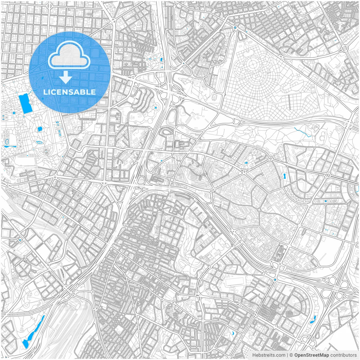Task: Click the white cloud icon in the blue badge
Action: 69,55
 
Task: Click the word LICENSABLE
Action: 69,92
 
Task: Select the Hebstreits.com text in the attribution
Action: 269,355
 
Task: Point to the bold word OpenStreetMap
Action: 311,355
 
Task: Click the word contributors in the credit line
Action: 343,355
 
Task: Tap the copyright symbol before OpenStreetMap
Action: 291,355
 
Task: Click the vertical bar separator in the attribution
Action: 287,355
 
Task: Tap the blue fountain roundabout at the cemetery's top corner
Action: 235,28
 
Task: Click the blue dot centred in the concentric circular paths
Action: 155,107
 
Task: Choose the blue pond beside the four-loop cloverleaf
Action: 312,319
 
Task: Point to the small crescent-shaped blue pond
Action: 233,333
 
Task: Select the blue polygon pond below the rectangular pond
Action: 40,129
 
